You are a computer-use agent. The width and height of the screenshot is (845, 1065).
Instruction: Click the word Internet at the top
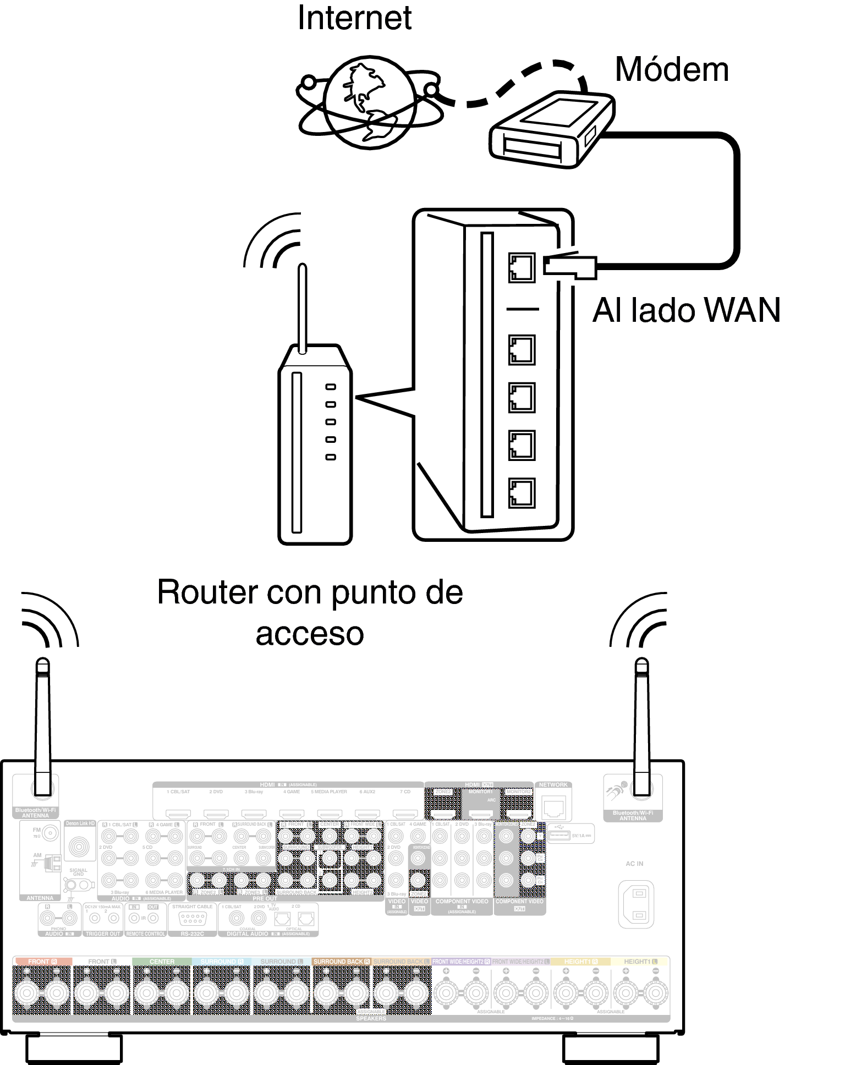354,18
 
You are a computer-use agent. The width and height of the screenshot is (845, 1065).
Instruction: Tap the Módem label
672,70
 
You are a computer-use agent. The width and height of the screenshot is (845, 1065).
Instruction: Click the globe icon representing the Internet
370,103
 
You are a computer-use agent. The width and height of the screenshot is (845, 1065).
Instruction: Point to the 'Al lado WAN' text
686,310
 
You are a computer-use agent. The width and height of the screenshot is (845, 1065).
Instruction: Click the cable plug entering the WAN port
570,266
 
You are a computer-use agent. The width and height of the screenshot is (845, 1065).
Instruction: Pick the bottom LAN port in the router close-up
522,493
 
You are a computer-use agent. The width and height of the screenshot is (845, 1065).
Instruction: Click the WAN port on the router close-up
522,268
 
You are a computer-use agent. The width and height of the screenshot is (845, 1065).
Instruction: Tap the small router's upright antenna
302,308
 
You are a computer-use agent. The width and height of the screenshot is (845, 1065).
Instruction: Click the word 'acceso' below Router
310,634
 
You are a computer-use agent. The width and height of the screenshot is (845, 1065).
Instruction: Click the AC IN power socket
636,904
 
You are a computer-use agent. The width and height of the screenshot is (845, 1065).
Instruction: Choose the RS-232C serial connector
193,918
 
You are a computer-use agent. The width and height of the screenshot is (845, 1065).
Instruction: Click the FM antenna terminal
50,833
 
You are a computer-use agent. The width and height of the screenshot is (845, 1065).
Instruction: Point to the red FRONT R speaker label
42,962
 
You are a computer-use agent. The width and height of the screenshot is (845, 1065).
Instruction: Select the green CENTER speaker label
162,962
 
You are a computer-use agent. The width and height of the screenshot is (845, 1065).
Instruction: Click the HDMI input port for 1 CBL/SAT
178,813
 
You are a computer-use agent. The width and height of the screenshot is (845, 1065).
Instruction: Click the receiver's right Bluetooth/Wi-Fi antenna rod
641,726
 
